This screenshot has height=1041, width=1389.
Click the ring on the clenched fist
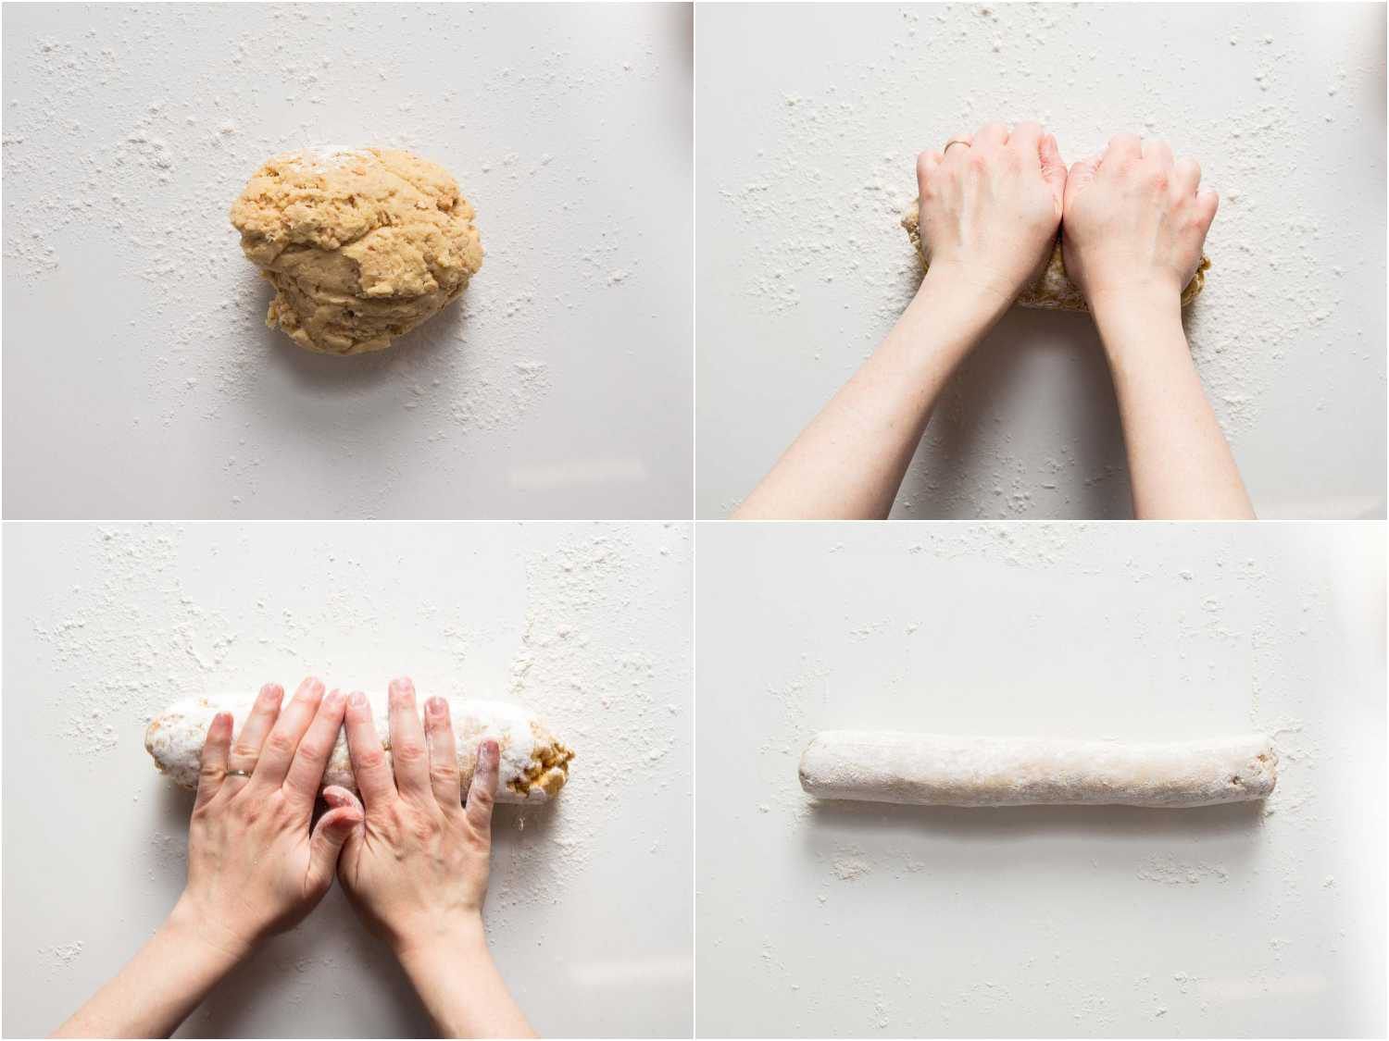click(x=956, y=144)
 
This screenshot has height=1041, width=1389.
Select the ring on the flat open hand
click(x=238, y=773)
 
